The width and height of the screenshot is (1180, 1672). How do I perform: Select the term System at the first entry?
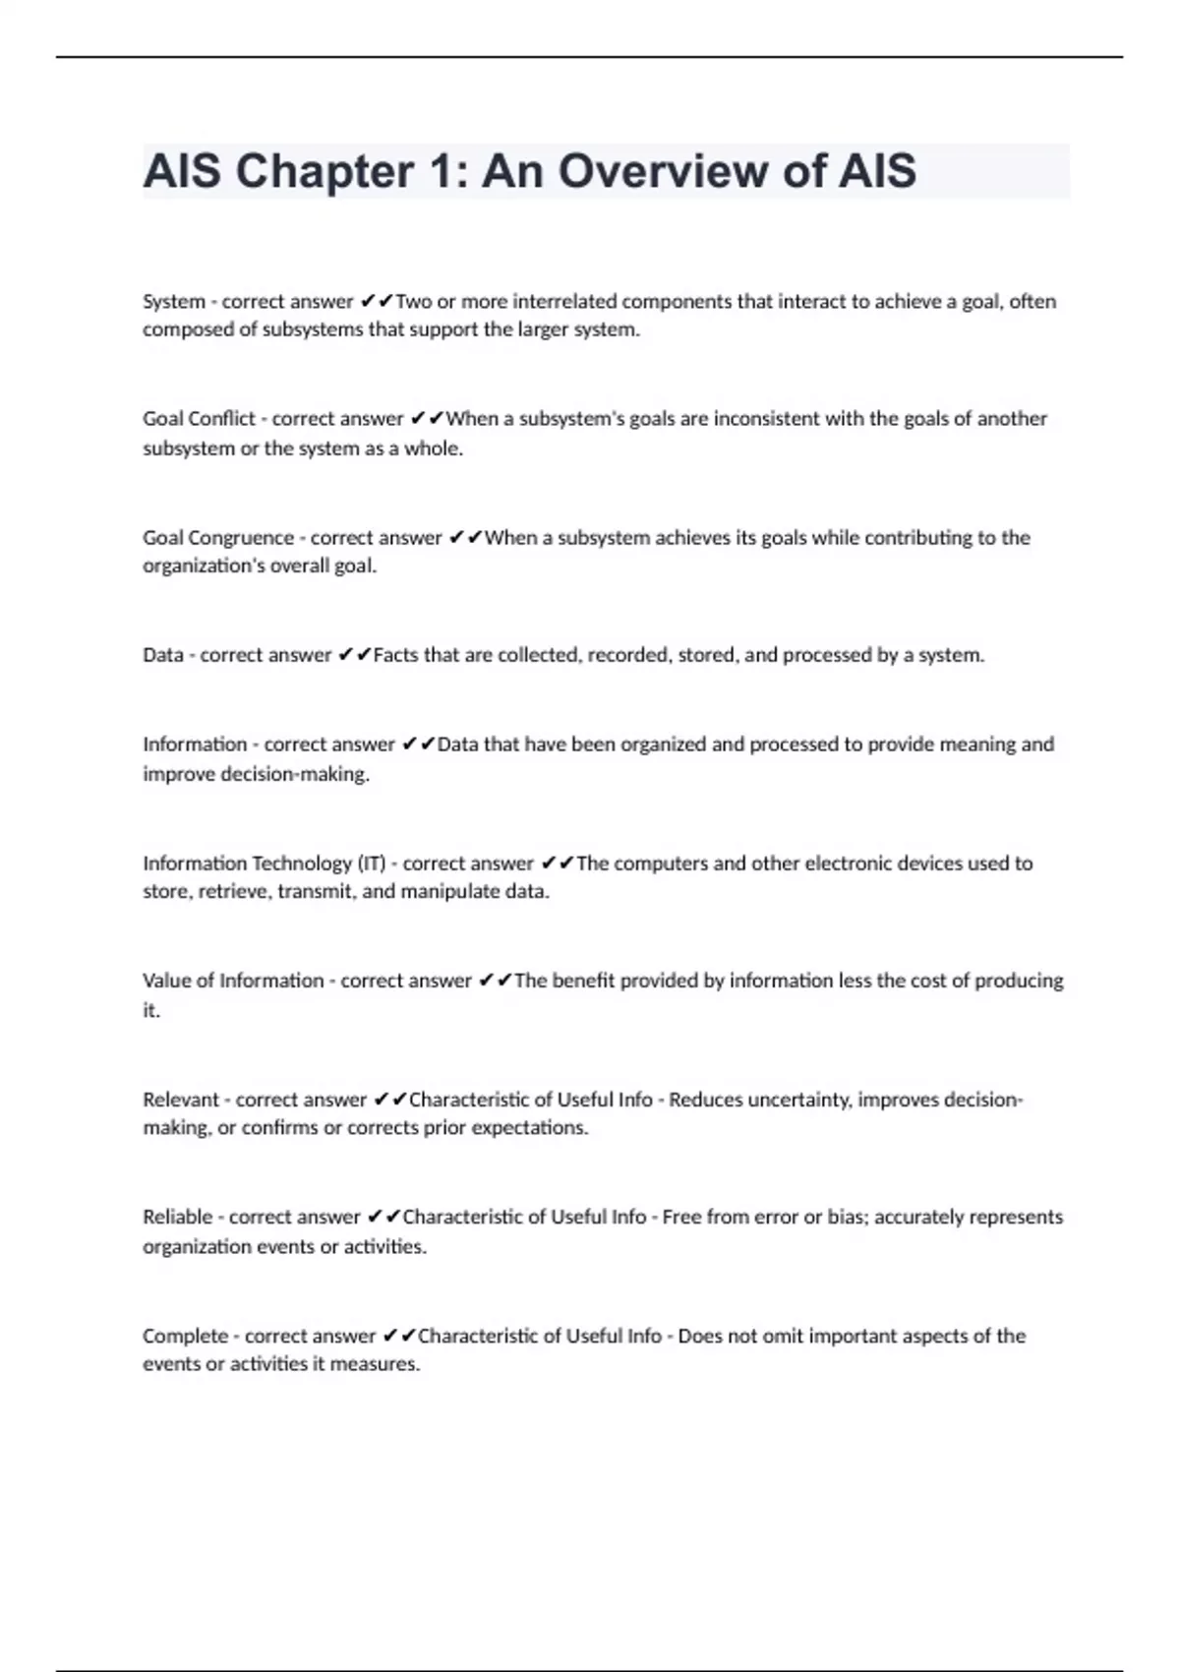pos(173,301)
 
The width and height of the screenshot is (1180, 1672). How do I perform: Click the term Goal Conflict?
pos(199,418)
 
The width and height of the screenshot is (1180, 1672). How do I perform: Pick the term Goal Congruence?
pos(217,537)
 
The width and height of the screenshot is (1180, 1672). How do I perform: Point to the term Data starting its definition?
pos(162,655)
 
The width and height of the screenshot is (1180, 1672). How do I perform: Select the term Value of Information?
pos(232,981)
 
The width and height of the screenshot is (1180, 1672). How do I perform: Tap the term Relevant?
pos(180,1100)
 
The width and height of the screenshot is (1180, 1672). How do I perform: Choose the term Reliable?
pos(177,1217)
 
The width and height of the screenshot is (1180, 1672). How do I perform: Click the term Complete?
pos(185,1336)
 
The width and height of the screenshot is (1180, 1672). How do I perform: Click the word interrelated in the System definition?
pos(564,301)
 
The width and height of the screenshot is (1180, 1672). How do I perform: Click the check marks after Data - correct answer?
pos(354,655)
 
